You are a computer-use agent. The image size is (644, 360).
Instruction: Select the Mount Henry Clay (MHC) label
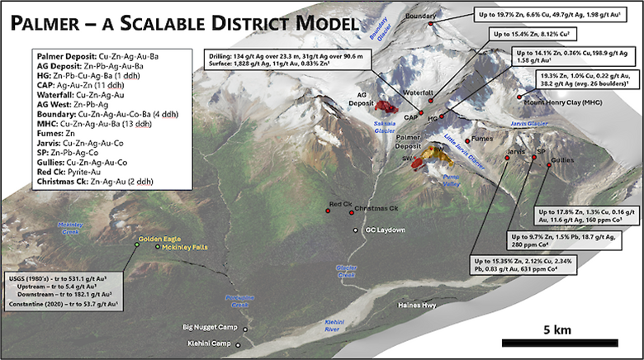coord(567,105)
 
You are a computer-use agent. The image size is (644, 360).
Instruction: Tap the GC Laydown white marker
coord(355,230)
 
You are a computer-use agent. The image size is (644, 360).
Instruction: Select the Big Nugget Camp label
coord(211,328)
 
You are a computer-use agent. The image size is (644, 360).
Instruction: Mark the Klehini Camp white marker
coord(244,342)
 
